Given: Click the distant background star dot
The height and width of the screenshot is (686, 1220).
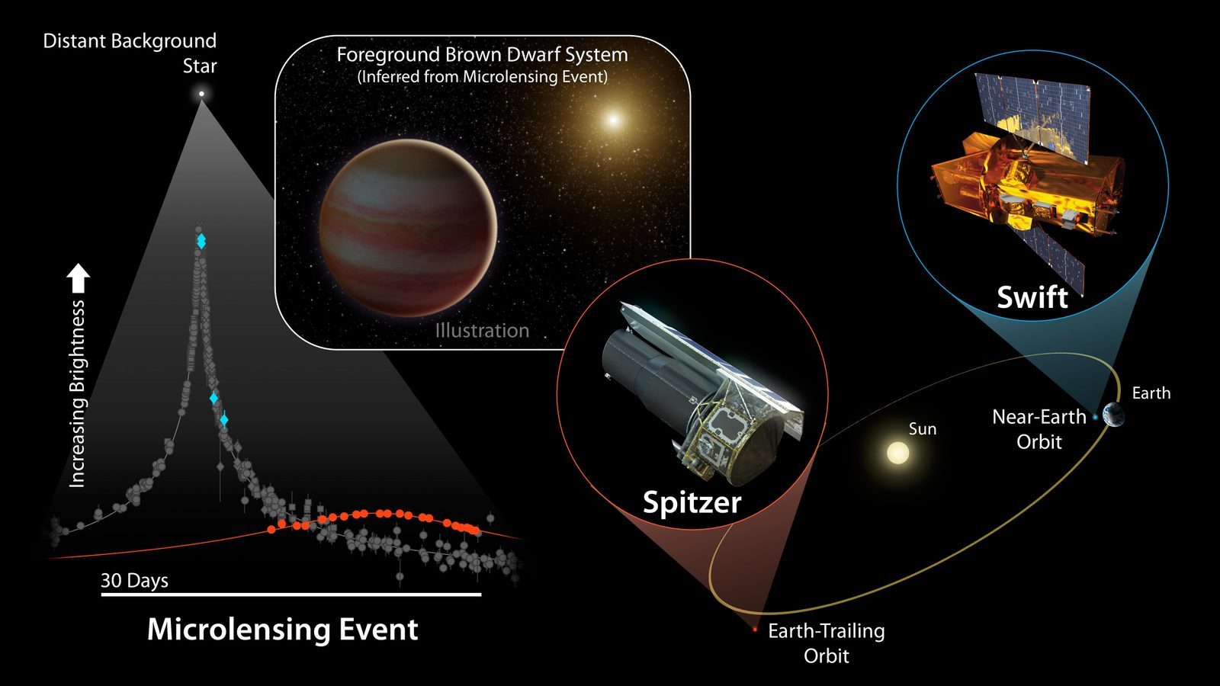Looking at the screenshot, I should pyautogui.click(x=201, y=94).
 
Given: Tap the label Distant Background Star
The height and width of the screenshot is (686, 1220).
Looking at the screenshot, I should pyautogui.click(x=130, y=53).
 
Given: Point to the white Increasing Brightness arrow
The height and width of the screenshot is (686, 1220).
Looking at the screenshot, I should pyautogui.click(x=79, y=279).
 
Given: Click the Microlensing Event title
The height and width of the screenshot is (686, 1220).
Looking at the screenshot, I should pyautogui.click(x=282, y=630).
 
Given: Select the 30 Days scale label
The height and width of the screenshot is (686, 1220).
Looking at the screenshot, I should pyautogui.click(x=134, y=581).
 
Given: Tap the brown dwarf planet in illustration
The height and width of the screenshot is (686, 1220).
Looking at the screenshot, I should pyautogui.click(x=408, y=227).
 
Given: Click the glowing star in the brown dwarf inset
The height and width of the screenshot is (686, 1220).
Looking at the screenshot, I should pyautogui.click(x=612, y=120).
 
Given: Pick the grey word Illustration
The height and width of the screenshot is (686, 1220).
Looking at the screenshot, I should pyautogui.click(x=482, y=331).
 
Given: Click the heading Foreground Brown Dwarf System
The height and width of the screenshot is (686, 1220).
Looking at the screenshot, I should pyautogui.click(x=482, y=55).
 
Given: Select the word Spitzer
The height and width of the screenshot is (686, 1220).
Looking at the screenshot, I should pyautogui.click(x=692, y=502).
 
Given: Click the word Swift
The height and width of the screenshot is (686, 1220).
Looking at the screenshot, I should pyautogui.click(x=1032, y=297).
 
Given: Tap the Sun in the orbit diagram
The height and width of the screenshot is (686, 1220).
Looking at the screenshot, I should pyautogui.click(x=898, y=454).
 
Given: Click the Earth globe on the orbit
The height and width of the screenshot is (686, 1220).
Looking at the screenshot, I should pyautogui.click(x=1113, y=416).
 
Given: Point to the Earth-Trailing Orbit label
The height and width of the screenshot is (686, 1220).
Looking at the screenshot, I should pyautogui.click(x=827, y=643).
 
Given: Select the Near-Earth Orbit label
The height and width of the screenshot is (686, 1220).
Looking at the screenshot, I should pyautogui.click(x=1039, y=428).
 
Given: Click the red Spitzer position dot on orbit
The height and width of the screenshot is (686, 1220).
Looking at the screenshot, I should pyautogui.click(x=755, y=630).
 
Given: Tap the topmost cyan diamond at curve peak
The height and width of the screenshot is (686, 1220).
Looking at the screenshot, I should pyautogui.click(x=201, y=239).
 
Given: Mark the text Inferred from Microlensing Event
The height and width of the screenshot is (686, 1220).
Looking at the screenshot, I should pyautogui.click(x=482, y=76).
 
